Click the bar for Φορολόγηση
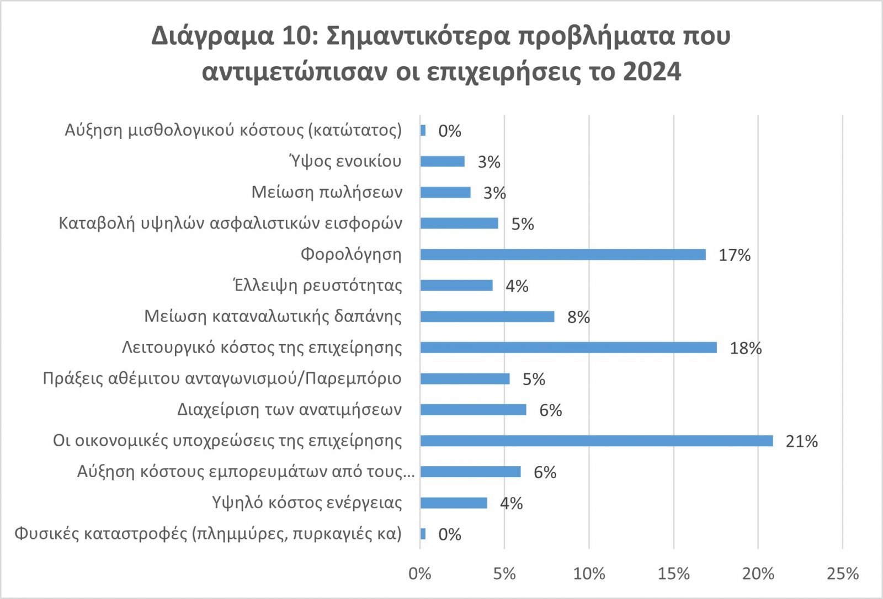[563, 254]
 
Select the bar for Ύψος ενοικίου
[442, 161]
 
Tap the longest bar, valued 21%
[596, 441]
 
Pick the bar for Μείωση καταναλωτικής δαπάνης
[487, 317]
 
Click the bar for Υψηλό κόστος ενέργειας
[454, 503]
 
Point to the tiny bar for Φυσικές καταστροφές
[423, 534]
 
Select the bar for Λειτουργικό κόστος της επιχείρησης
[568, 347]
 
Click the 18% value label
[746, 348]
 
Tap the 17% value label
[735, 255]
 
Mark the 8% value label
[578, 317]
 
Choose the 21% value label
[802, 441]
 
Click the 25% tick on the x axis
[843, 574]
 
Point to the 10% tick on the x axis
[589, 574]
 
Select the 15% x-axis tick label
[673, 574]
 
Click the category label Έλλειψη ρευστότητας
[317, 285]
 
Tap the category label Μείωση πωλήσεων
[327, 192]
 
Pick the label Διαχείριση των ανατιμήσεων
[289, 410]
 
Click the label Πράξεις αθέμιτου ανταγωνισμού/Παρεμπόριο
[222, 378]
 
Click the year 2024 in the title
[652, 72]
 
